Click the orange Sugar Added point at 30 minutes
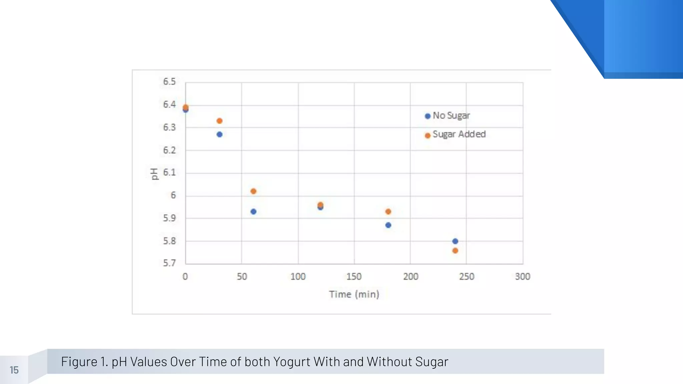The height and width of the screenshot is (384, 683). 219,121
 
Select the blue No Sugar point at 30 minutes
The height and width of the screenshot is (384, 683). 219,134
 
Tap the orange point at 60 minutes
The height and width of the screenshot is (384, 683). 253,191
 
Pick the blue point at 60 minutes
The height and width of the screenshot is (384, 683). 253,212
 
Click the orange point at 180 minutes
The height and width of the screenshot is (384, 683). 388,212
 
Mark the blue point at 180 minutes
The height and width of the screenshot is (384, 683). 388,225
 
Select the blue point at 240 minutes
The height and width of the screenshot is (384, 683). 455,241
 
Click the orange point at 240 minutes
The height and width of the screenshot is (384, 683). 455,251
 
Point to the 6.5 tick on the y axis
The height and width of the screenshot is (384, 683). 169,82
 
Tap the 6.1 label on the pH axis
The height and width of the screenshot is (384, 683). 169,173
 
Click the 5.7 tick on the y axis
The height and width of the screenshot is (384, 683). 169,263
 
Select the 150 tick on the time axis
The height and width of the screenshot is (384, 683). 354,277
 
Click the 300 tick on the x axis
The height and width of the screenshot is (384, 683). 523,277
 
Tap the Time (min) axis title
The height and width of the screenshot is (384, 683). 354,294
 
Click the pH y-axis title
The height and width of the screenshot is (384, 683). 154,174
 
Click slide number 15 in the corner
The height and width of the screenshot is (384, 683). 14,370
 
